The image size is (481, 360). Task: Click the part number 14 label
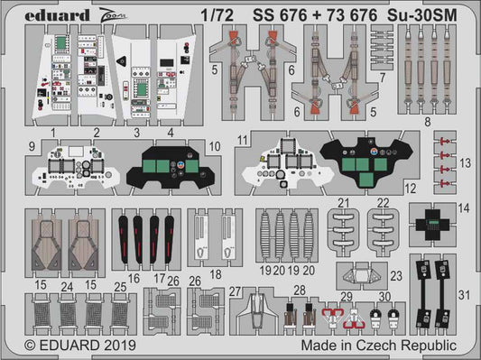point(464,208)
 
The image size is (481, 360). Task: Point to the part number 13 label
point(464,162)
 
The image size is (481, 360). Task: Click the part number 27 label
point(234,291)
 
